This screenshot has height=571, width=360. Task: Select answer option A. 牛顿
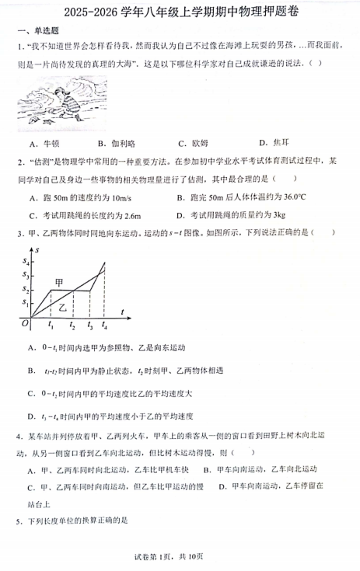point(44,143)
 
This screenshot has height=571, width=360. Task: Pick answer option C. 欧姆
point(193,143)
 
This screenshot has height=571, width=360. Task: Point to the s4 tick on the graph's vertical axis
point(26,261)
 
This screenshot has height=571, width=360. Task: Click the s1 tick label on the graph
point(26,301)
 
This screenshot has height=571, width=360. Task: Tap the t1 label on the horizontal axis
point(51,326)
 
